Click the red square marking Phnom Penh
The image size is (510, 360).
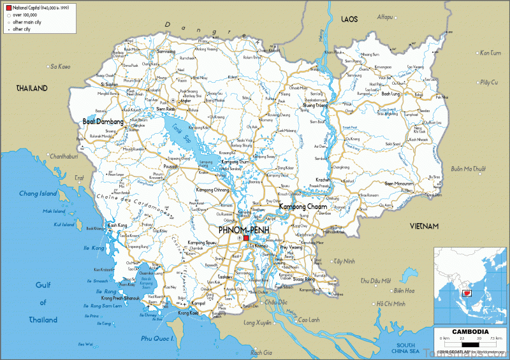pos(245,238)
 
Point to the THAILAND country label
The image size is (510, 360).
pos(32,88)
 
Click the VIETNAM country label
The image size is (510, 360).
pos(425,226)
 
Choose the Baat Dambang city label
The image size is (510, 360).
pos(103,120)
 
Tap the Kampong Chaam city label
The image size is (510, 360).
pos(303,207)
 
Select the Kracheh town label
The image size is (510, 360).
pos(324,180)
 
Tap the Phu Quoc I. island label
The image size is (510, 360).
pos(156,338)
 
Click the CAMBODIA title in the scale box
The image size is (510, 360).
pos(470,331)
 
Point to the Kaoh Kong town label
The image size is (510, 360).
pos(119,225)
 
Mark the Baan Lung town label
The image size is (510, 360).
pos(391,94)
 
